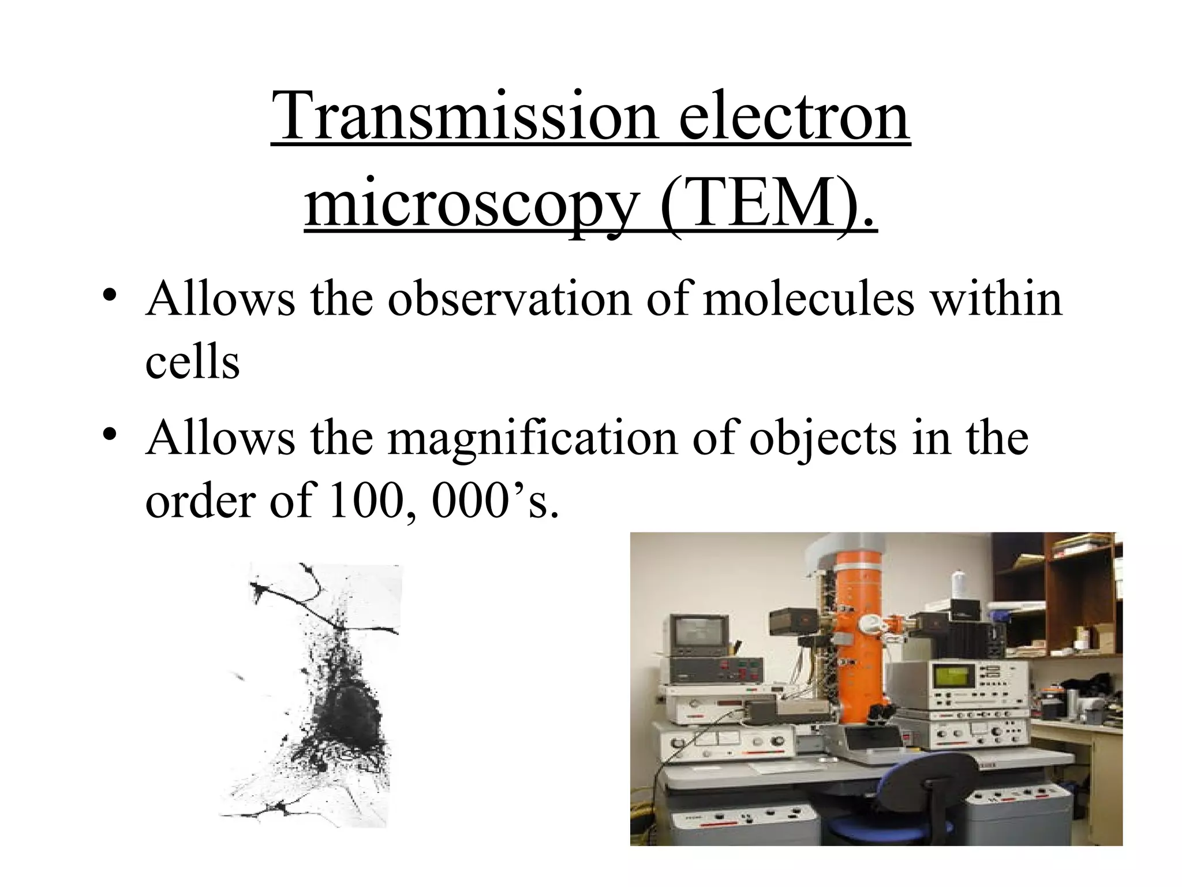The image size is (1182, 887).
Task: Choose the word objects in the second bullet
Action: pyautogui.click(x=823, y=438)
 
